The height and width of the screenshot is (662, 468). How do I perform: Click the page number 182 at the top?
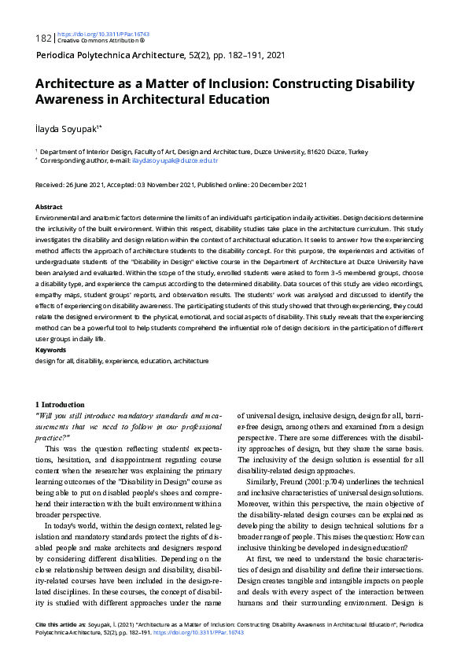(x=44, y=38)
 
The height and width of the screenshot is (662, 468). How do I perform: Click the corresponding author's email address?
(x=175, y=160)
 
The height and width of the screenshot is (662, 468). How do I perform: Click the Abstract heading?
(x=50, y=206)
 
